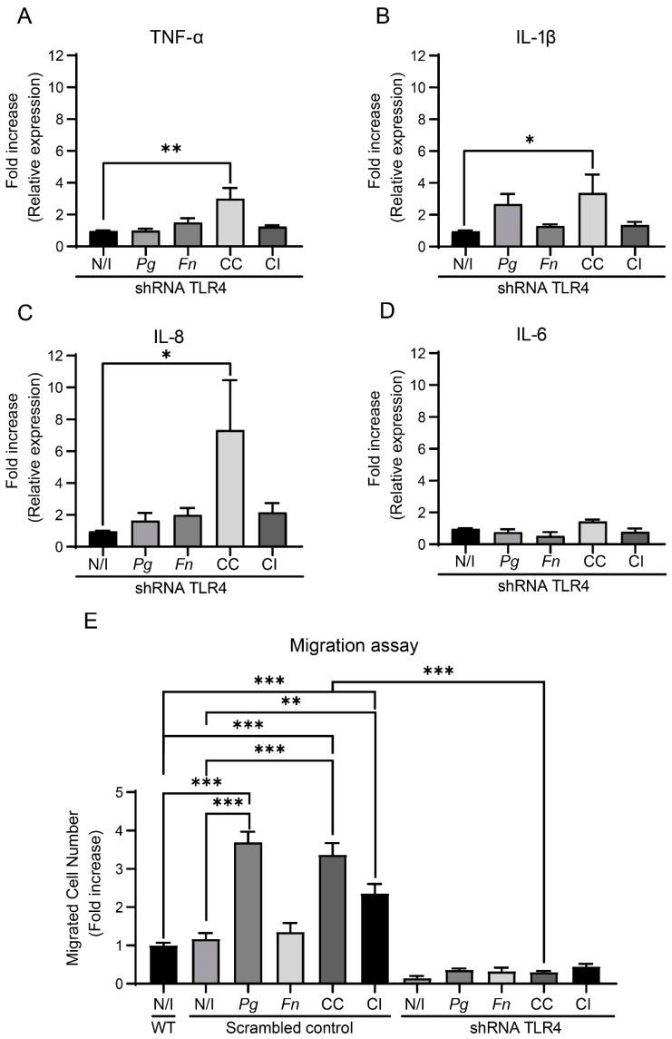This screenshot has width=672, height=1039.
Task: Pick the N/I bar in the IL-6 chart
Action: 464,536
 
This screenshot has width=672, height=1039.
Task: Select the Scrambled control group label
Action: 289,1026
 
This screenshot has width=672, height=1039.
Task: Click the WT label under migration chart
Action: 164,1026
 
